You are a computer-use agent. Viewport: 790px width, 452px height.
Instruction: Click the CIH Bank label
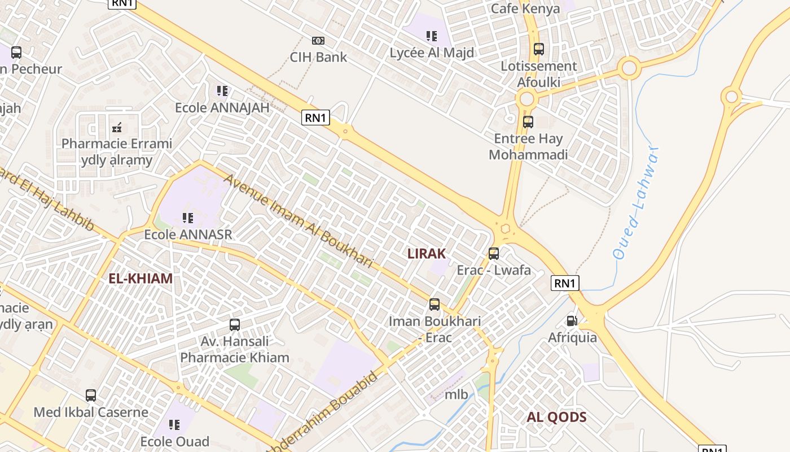[318, 57]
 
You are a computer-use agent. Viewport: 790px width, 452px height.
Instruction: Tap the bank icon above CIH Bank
[318, 41]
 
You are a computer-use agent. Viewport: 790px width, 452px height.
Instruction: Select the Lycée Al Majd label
[432, 53]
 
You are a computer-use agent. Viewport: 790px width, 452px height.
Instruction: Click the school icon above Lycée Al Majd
[432, 36]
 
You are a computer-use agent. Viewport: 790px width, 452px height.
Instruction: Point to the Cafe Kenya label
[525, 8]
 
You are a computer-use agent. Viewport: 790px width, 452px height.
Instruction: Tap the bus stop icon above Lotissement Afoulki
[539, 49]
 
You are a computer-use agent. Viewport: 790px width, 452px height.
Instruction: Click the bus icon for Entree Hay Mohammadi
[528, 122]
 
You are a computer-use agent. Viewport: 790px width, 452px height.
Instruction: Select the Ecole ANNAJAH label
[222, 107]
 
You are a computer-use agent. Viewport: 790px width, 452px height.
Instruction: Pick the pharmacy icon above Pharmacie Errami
[117, 127]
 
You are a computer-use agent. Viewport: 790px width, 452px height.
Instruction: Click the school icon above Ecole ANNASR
[188, 218]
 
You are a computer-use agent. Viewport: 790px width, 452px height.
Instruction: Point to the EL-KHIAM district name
[141, 278]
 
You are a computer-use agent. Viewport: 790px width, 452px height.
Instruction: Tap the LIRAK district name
[427, 254]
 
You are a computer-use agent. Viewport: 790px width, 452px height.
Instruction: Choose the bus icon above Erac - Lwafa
[494, 254]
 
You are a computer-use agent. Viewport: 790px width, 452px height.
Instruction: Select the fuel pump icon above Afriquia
[572, 321]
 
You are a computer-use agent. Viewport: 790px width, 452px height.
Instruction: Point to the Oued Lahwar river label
[637, 203]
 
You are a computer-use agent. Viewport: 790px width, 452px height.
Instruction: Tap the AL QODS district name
[556, 418]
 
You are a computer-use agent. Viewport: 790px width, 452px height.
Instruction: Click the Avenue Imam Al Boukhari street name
[299, 221]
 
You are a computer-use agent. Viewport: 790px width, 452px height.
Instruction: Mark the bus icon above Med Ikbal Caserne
[91, 395]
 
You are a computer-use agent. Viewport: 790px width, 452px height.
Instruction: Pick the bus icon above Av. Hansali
[235, 325]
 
